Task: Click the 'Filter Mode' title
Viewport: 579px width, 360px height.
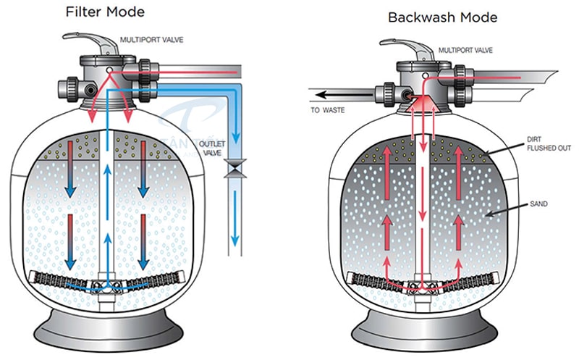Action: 105,12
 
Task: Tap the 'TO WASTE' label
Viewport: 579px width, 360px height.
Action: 328,110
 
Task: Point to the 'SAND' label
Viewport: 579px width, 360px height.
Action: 538,205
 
